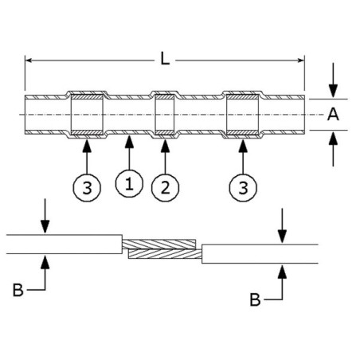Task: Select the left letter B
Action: [18, 291]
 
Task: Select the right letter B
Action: [254, 299]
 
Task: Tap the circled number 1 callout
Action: [129, 183]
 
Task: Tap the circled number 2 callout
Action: [165, 188]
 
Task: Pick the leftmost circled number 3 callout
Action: [87, 188]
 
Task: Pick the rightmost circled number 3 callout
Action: [244, 188]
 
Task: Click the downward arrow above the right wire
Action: [281, 237]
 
